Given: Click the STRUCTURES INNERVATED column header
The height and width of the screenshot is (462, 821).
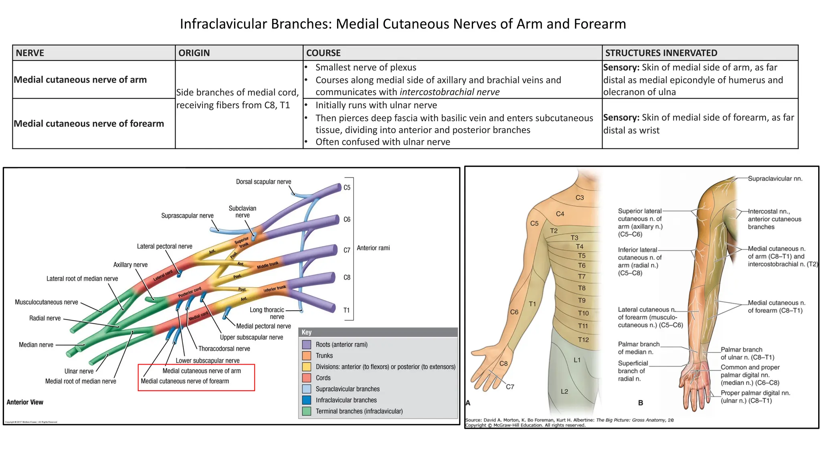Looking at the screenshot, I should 661,53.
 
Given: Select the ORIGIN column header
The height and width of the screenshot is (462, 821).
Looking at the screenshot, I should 194,53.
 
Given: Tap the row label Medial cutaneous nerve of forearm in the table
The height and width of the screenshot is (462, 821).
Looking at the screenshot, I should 89,124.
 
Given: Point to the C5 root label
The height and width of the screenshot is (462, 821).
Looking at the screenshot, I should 347,187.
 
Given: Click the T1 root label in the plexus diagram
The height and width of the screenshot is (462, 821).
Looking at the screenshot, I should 346,310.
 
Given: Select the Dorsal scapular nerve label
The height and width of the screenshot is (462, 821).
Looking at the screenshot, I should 263,182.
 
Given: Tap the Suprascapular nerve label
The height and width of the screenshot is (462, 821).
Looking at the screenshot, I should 187,216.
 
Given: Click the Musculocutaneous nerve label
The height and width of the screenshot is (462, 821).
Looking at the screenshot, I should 47,302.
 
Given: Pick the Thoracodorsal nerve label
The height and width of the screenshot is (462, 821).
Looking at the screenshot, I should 224,349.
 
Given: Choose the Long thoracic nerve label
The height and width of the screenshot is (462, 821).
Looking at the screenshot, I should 267,313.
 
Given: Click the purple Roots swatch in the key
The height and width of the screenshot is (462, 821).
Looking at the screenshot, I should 307,344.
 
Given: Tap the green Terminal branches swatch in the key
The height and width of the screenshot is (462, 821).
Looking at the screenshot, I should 307,411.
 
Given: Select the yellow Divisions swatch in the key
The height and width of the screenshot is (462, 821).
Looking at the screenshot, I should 307,367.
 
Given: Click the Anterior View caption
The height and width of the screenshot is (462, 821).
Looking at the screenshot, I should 25,402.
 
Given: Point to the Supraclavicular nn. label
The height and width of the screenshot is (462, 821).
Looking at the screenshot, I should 775,178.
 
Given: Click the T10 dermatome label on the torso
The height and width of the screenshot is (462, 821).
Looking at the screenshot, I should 583,313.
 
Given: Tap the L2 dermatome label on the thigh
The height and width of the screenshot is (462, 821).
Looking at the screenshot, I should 564,391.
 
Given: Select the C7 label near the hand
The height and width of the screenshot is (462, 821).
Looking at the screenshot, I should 510,387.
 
